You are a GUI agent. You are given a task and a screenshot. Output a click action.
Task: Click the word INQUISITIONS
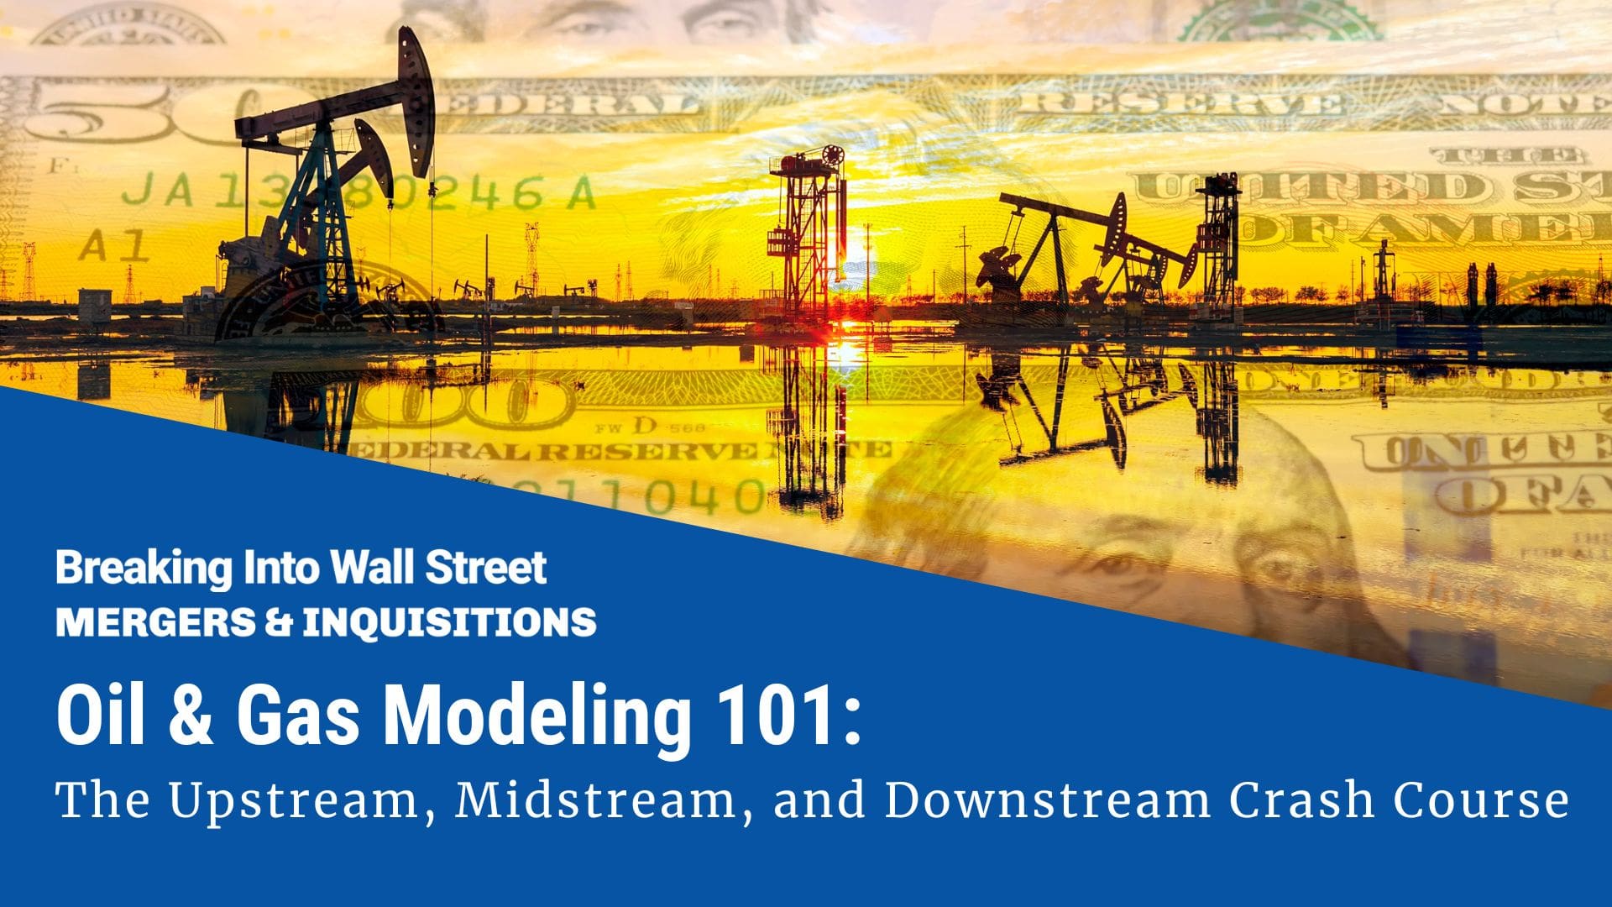pos(449,622)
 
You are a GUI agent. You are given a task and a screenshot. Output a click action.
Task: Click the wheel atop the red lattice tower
pos(832,156)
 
